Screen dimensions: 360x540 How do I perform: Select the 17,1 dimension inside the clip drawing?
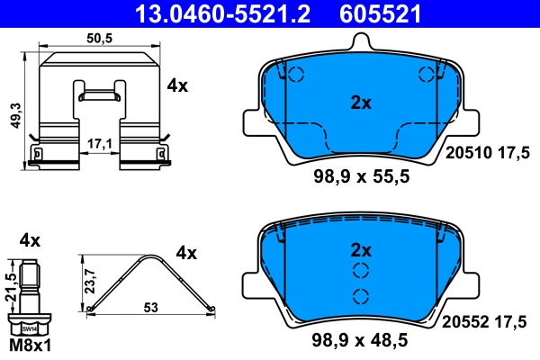[x=99, y=142]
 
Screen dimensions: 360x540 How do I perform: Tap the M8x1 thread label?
[x=31, y=346]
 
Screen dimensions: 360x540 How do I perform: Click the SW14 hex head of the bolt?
[x=31, y=329]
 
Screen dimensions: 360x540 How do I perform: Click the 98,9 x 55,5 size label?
[x=360, y=176]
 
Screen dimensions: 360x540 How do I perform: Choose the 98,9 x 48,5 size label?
[x=360, y=341]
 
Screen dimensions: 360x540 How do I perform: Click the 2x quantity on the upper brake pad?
[x=360, y=103]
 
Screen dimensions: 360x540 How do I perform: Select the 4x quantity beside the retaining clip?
[x=176, y=86]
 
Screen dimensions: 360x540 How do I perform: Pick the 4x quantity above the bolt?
[x=31, y=239]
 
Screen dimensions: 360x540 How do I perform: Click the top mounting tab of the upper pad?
[x=360, y=42]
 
